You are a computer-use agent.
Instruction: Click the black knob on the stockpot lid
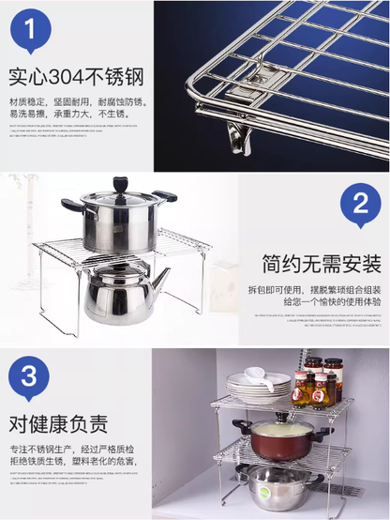coord(120,184)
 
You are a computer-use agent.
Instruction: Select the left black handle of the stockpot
coord(72,205)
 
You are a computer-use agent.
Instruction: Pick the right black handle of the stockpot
coord(165,196)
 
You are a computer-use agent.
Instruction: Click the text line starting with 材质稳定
coord(76,102)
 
